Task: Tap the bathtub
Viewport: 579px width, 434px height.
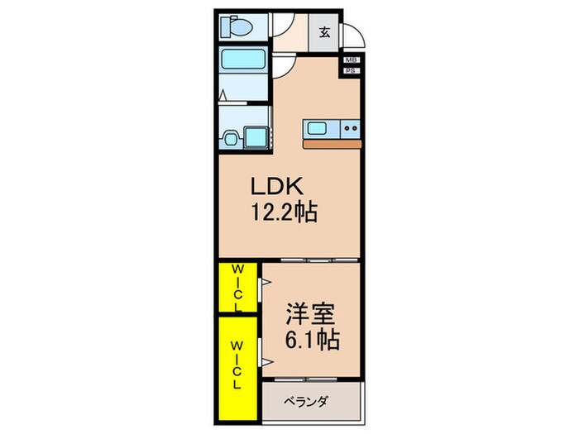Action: tap(242, 61)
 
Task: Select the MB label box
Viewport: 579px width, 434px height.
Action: tap(351, 60)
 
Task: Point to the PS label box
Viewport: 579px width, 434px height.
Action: tap(351, 71)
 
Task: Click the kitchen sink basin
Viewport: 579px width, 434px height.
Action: tap(318, 128)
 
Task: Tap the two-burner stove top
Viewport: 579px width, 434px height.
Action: tap(349, 128)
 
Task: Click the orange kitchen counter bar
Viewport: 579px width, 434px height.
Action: tap(331, 144)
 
